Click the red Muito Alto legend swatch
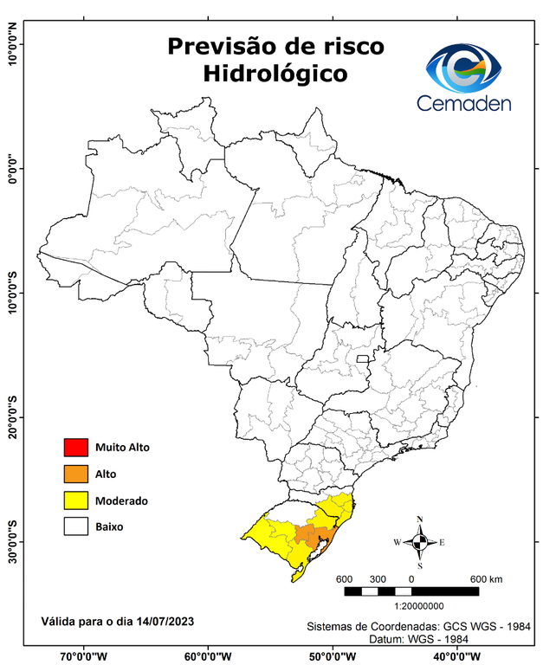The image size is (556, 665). click(76, 448)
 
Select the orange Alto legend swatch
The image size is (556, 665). click(76, 474)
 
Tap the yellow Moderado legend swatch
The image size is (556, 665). click(76, 500)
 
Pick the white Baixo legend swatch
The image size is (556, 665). click(76, 526)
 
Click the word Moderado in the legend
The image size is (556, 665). click(122, 500)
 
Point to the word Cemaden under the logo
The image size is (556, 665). click(464, 103)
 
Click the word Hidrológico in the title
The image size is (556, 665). click(275, 74)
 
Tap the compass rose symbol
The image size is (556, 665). click(419, 543)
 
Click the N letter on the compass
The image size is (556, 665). click(420, 520)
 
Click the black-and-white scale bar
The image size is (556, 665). click(411, 591)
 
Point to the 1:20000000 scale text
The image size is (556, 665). click(420, 606)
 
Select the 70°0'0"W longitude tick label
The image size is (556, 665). click(84, 656)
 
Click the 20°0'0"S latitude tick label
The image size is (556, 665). click(13, 419)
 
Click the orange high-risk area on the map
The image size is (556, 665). click(308, 534)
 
